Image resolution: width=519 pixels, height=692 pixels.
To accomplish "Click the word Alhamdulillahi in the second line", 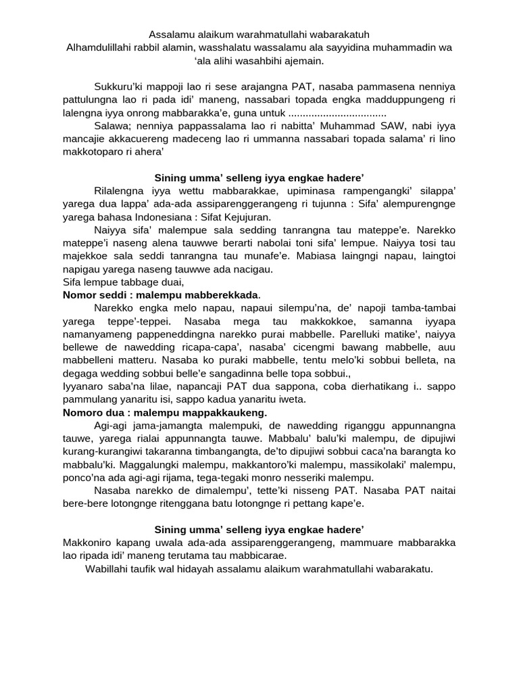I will click(99, 47).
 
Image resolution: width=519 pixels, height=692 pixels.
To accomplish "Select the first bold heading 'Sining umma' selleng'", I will click(259, 178).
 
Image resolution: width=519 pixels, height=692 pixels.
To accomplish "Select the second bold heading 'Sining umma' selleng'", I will click(259, 528).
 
